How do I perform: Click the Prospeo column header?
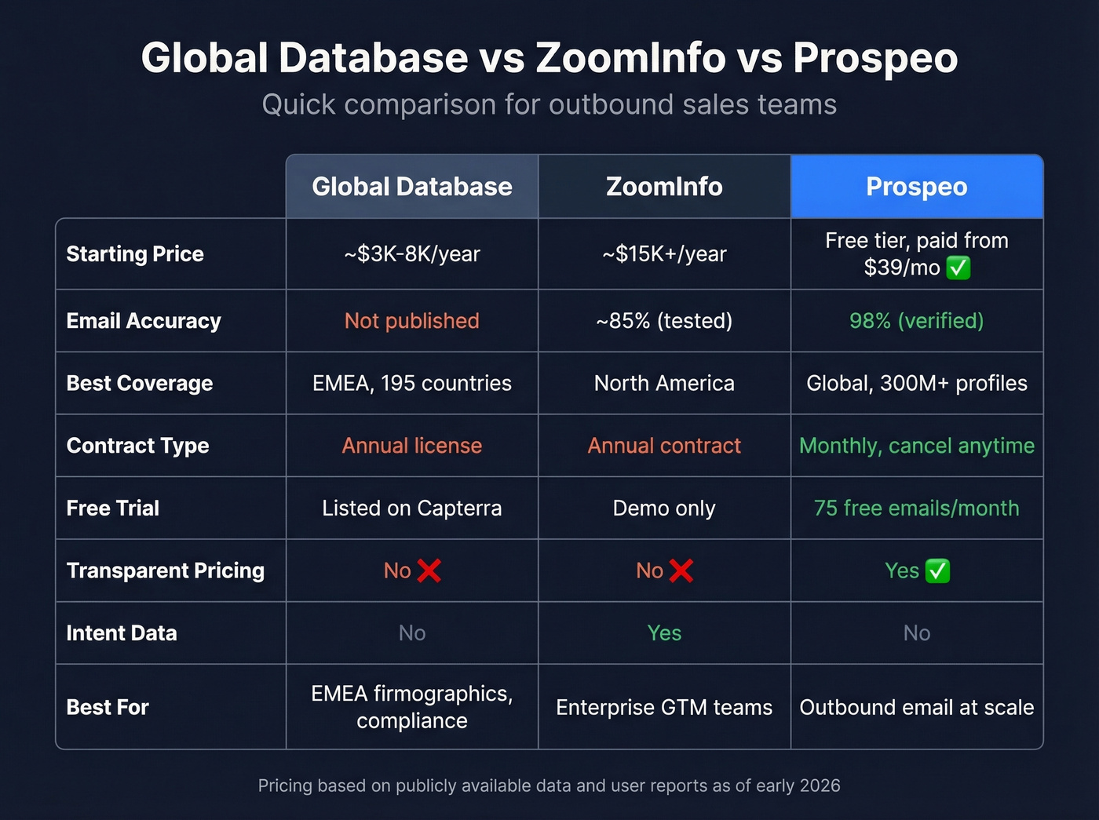click(916, 187)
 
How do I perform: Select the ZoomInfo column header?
click(664, 187)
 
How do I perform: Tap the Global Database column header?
click(412, 187)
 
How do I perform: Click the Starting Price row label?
click(135, 254)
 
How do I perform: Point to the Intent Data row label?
click(122, 633)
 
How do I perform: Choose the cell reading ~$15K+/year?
click(664, 254)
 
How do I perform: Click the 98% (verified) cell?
click(916, 321)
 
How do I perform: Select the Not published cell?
click(412, 321)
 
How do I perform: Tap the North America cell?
click(664, 383)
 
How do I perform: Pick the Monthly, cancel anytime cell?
click(916, 446)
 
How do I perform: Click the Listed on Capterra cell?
click(412, 508)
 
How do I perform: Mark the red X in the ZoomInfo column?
click(681, 570)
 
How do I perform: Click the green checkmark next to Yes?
click(937, 570)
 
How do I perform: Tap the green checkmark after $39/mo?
click(958, 268)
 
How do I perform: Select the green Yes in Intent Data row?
click(664, 633)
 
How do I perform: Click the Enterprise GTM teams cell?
click(664, 708)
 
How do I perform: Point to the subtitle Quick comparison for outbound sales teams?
click(549, 104)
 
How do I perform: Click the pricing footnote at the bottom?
click(549, 785)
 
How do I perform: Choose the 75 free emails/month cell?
click(916, 508)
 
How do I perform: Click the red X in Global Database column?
click(429, 570)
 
